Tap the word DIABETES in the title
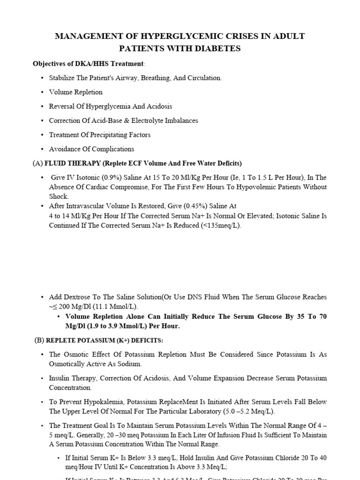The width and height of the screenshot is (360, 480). (x=219, y=48)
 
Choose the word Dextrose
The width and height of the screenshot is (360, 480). (x=78, y=297)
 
